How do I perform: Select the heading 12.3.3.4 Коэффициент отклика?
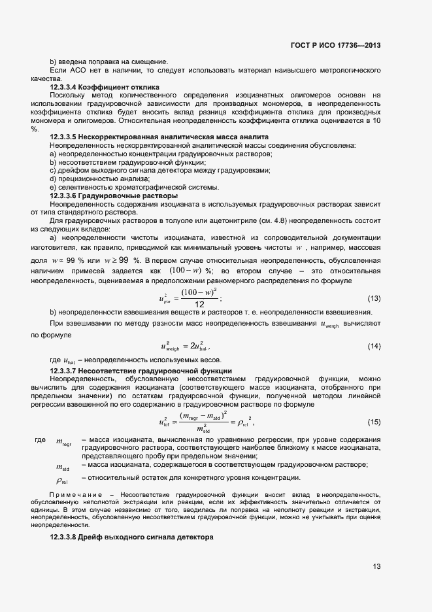105,87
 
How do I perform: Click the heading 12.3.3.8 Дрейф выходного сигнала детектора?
131,537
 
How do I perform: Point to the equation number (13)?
374,299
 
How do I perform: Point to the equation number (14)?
374,345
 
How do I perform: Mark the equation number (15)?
374,421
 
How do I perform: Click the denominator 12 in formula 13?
199,305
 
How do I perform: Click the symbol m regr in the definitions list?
63,444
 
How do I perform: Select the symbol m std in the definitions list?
63,467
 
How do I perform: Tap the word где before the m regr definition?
40,439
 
